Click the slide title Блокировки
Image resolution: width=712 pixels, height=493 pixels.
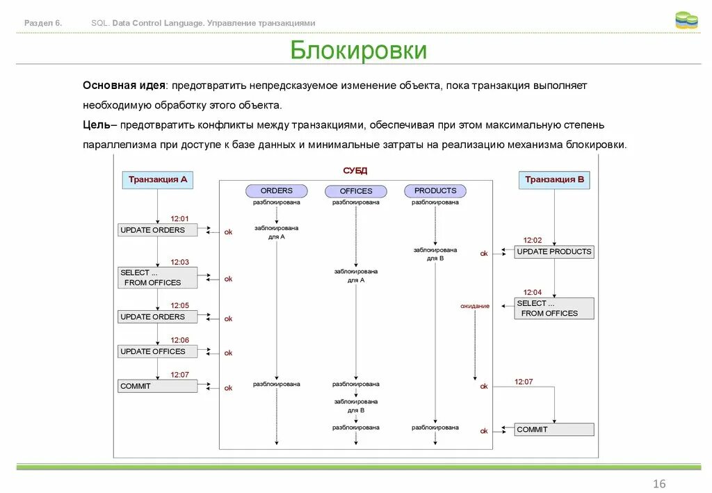click(x=358, y=51)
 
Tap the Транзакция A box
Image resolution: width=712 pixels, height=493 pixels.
click(x=158, y=179)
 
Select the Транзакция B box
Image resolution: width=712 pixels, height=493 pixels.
click(x=554, y=179)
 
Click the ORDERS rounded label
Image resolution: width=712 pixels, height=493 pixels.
click(x=277, y=191)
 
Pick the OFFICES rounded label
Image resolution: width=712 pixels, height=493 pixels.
click(x=356, y=191)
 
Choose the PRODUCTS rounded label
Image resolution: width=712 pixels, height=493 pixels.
click(x=435, y=191)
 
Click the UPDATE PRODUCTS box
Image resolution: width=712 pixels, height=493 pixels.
click(x=554, y=252)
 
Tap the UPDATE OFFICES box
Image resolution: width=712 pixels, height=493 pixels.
click(x=157, y=352)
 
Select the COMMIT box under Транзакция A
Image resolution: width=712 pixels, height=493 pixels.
click(x=157, y=386)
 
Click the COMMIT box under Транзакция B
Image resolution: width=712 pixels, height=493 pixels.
click(x=554, y=430)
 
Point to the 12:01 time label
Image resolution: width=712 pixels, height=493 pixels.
click(x=180, y=219)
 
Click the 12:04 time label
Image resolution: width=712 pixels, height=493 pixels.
click(x=533, y=293)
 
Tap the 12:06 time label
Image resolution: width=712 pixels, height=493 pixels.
click(x=180, y=340)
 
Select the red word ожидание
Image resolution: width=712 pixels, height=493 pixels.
click(x=475, y=306)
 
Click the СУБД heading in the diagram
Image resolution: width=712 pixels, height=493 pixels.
click(x=355, y=170)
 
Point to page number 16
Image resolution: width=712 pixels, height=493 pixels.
click(x=659, y=484)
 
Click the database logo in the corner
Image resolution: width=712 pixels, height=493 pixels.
click(x=686, y=21)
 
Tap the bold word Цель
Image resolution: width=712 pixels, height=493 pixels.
click(x=96, y=125)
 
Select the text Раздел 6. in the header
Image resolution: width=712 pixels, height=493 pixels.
click(x=43, y=23)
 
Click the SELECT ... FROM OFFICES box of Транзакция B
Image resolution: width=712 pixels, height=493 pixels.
click(x=554, y=309)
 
